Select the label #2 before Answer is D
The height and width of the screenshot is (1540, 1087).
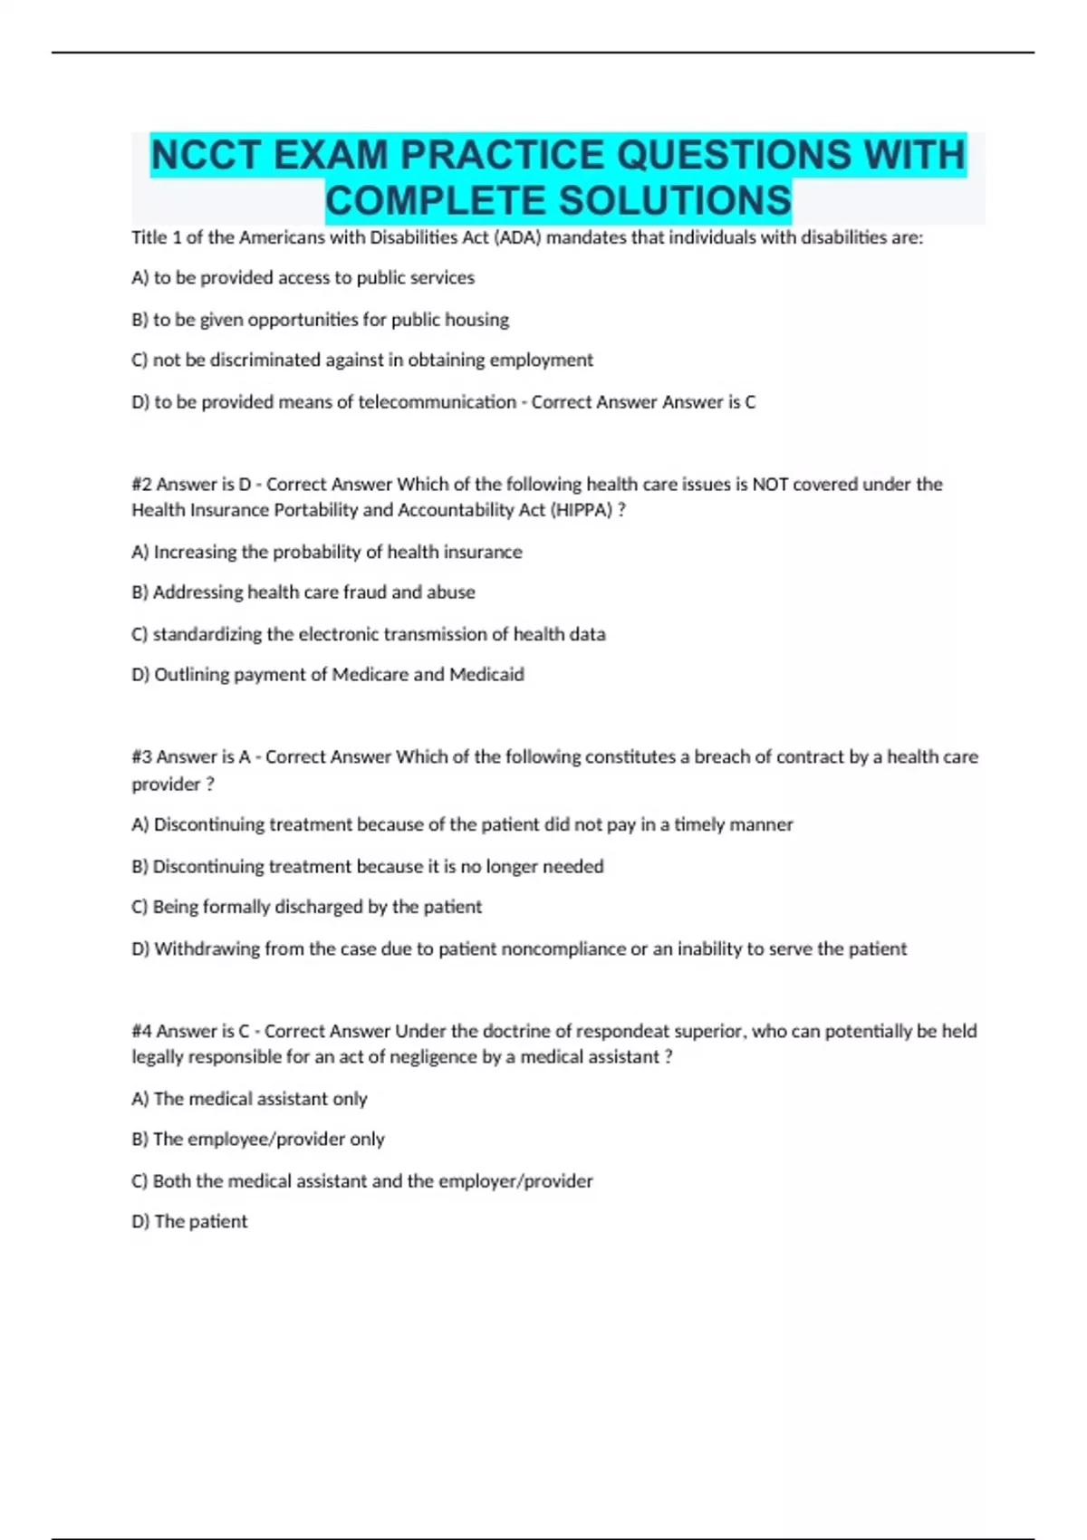[141, 484]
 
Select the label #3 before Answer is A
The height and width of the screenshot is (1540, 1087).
[141, 756]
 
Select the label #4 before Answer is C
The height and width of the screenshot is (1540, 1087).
[141, 1031]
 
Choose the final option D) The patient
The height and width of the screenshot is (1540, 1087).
[189, 1221]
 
